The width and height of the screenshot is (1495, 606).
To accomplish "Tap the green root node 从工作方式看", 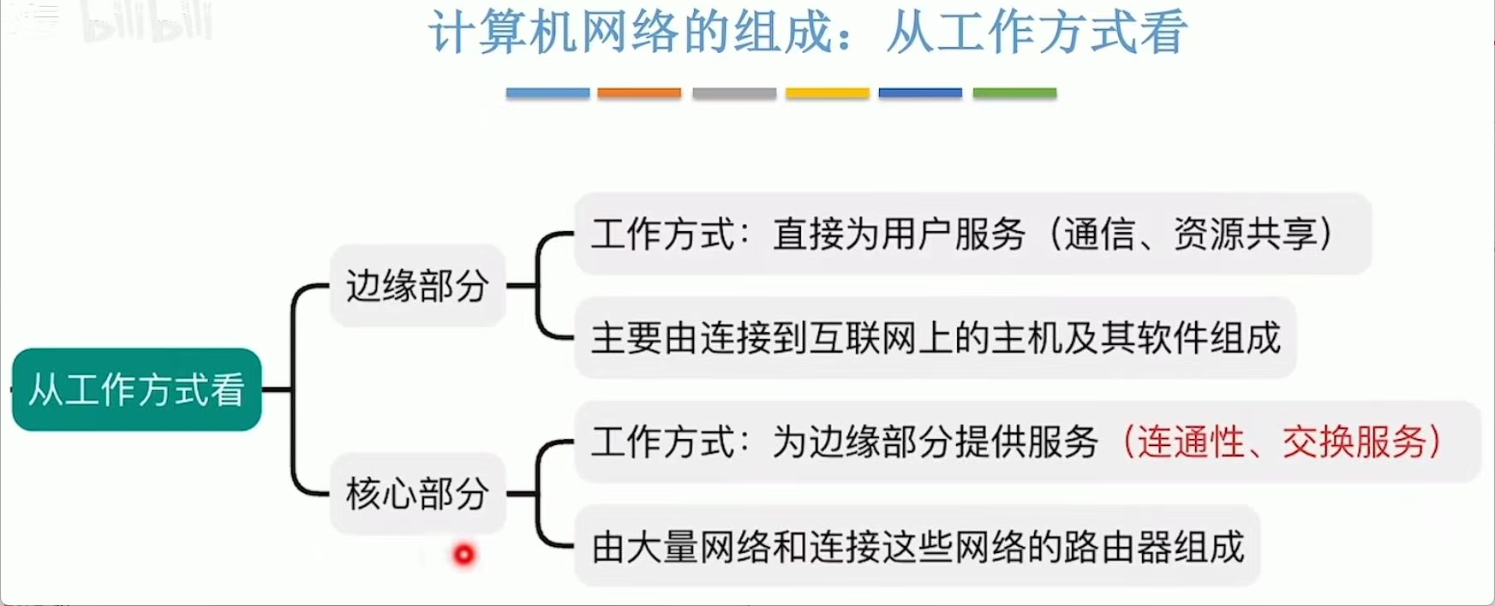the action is coord(137,389).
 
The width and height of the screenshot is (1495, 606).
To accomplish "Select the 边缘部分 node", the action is coord(418,286).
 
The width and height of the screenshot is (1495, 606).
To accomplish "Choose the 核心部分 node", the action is coord(418,494).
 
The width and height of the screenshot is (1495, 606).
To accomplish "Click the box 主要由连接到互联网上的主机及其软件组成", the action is coord(936,338).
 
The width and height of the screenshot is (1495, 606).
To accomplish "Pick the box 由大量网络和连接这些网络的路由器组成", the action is coord(918,547).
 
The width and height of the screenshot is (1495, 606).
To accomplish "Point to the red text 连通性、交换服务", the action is coord(1282,443).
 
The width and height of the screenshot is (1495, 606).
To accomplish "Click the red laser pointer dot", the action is coord(463,555).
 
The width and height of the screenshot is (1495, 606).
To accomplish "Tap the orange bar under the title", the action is coord(639,92).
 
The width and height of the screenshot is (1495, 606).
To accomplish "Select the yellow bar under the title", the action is coord(828,92).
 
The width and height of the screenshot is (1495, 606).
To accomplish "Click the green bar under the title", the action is coord(1014,92).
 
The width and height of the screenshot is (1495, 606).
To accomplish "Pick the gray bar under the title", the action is coord(734,92).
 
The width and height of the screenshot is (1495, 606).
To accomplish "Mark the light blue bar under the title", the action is coord(547,92).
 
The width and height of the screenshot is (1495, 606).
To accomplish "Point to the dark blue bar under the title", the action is coord(920,92).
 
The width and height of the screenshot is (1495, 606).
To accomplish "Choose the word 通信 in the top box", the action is coord(1099,234).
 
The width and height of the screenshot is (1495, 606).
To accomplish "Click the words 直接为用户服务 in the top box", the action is coord(899,234).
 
